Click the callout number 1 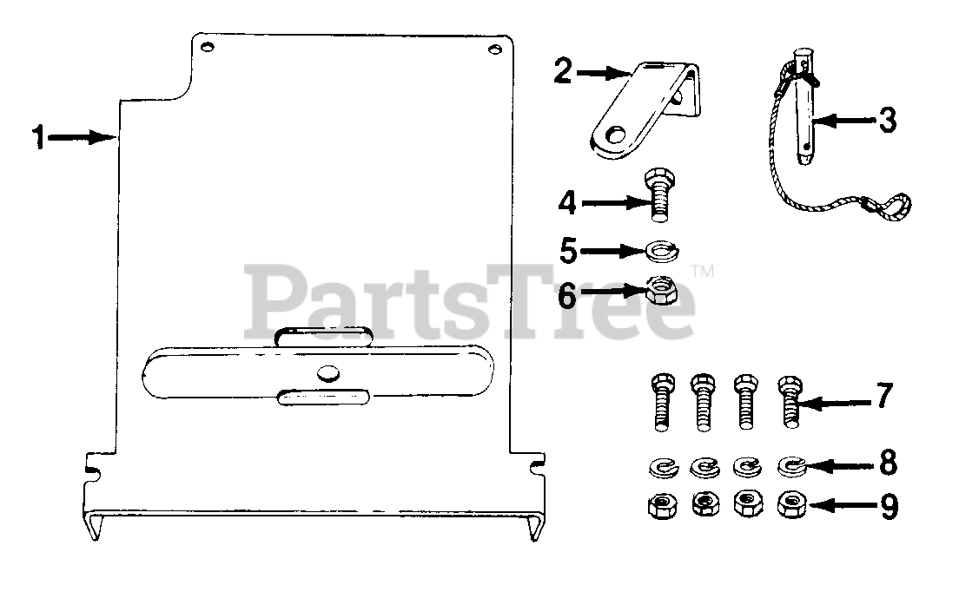[x=37, y=138]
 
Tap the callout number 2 [x=563, y=71]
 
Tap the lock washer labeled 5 [x=665, y=251]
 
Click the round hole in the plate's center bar [x=327, y=373]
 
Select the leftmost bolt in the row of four [x=659, y=402]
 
